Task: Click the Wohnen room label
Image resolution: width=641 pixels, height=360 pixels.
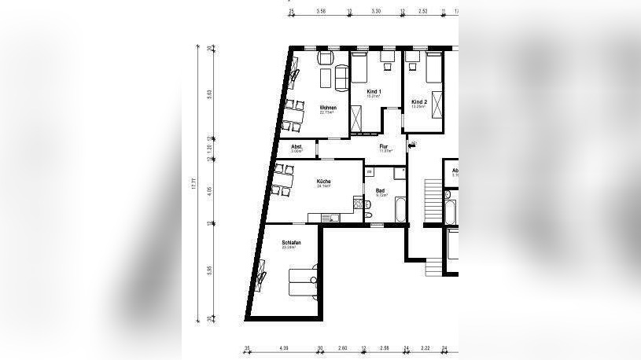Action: pos(328,108)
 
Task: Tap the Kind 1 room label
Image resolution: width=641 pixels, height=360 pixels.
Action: pos(374,93)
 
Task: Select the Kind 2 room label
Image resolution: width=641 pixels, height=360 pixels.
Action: pos(419,102)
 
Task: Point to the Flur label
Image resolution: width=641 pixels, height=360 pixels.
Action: pos(384,147)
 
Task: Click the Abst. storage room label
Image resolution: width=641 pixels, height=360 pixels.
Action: pos(297,147)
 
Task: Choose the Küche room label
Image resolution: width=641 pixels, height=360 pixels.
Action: pos(323,182)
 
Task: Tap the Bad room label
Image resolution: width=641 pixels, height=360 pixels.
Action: pos(380,190)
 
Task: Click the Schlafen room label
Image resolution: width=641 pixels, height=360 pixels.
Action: pos(292,244)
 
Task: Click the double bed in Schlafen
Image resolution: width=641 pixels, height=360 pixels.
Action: pos(304,281)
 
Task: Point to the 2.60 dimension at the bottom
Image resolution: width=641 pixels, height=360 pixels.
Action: pos(342,347)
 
